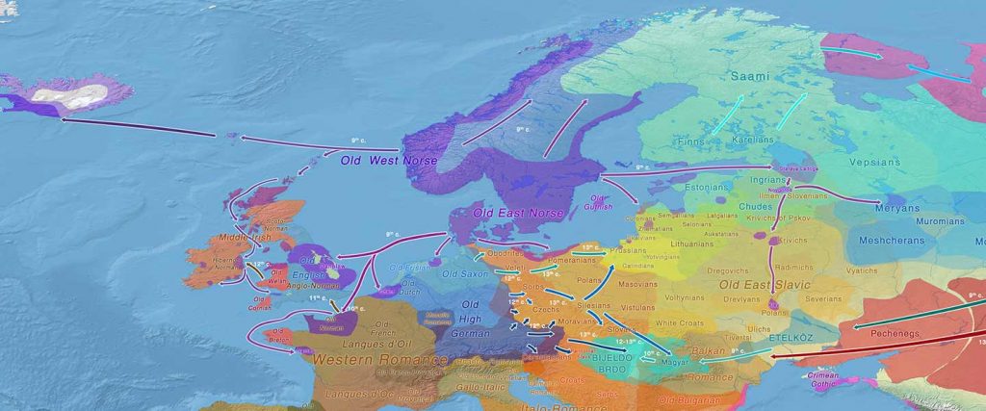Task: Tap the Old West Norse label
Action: [x=389, y=160]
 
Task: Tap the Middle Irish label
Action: [x=245, y=236]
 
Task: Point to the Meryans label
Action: [x=896, y=208]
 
